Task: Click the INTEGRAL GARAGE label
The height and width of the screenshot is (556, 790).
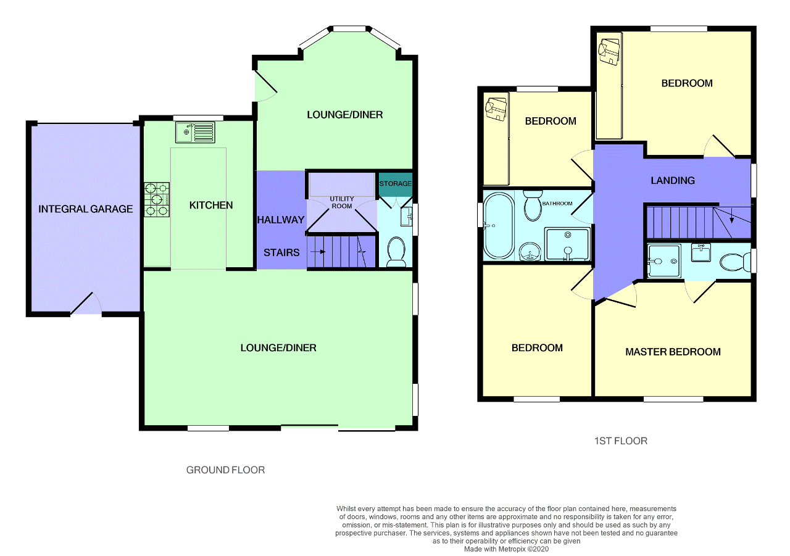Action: (x=85, y=209)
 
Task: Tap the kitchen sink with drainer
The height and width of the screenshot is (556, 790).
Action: (x=196, y=132)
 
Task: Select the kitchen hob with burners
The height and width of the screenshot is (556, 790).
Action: (x=157, y=199)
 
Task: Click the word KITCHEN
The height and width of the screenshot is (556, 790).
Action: (x=211, y=205)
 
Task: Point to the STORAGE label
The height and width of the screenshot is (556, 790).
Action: (x=396, y=184)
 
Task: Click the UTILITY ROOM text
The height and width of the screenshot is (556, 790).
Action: (x=342, y=202)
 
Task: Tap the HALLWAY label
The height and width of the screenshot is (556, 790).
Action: (x=281, y=220)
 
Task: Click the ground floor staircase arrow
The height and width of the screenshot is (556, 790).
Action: (x=318, y=252)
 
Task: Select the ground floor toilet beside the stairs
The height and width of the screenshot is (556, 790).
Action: (x=396, y=252)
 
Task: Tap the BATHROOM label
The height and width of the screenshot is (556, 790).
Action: (x=557, y=204)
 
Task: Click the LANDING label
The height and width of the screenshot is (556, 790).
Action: (x=673, y=181)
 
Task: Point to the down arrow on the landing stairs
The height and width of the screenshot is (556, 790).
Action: (x=732, y=216)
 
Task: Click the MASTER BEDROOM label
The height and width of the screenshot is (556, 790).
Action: (x=673, y=352)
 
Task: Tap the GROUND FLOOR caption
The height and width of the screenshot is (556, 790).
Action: (x=225, y=470)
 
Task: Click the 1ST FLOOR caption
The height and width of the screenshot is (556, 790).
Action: (x=621, y=441)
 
